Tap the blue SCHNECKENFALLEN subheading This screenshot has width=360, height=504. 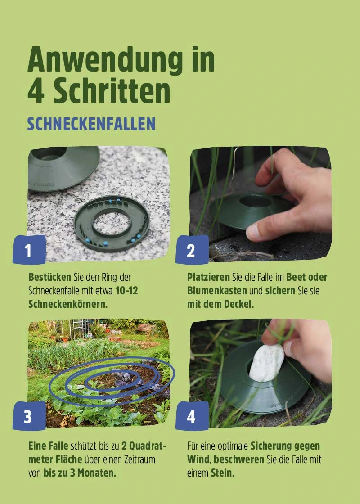91,124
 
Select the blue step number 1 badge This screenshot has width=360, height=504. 29,250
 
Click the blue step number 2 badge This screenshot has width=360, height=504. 191,250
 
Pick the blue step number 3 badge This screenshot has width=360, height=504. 29,416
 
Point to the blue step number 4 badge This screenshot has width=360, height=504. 191,416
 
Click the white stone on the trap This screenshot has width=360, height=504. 267,363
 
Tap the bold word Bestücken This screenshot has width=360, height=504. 49,277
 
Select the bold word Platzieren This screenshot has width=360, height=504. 208,277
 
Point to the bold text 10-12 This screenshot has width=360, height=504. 126,291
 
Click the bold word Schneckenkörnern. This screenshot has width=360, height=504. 68,304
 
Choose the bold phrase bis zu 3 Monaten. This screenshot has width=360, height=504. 80,473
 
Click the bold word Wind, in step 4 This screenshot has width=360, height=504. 199,460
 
